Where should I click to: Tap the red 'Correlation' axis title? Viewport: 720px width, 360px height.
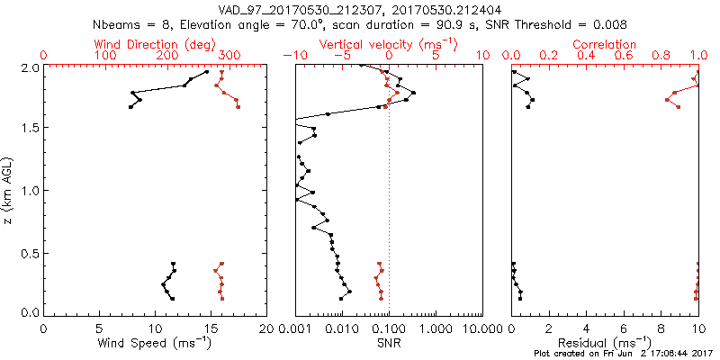pos(605,44)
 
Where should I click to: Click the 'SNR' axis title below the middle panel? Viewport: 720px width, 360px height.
pos(388,343)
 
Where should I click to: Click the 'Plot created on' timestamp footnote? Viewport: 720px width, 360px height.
pos(622,354)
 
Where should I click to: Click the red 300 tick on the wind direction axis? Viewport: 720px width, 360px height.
pos(229,57)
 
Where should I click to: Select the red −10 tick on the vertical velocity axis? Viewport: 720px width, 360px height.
pos(292,57)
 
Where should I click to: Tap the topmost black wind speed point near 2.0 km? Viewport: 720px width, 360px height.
pos(207,72)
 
